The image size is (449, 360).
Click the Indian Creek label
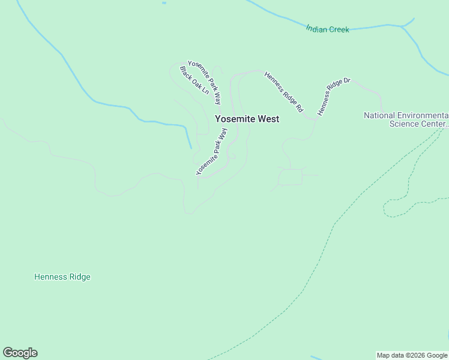[327, 29]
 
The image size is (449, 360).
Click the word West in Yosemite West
[269, 119]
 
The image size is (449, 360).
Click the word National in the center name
[379, 115]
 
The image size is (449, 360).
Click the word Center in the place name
[434, 124]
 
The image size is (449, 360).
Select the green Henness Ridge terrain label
[62, 277]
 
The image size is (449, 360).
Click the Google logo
[20, 353]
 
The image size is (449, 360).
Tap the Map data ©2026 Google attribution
[412, 355]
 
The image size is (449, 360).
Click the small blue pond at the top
[164, 3]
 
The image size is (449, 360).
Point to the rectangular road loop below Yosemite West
[291, 177]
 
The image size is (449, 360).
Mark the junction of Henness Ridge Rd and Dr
[313, 119]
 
